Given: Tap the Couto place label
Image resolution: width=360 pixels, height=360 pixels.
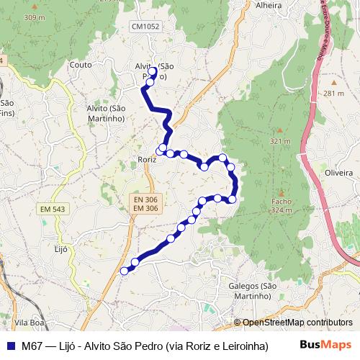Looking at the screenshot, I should (x=79, y=65).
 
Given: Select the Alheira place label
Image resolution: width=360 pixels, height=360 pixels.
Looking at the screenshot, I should (x=268, y=5).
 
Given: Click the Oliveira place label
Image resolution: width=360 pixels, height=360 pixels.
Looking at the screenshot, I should (x=338, y=174).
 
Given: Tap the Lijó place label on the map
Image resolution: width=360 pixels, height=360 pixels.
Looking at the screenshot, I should (x=60, y=249).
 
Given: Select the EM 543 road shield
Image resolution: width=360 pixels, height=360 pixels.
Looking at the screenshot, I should (x=53, y=209).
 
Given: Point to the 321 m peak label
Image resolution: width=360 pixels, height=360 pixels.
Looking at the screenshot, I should (x=279, y=141).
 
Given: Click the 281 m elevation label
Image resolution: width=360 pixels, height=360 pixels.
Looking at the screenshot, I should (x=334, y=94).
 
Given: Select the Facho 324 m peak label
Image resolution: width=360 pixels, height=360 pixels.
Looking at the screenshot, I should (x=281, y=207).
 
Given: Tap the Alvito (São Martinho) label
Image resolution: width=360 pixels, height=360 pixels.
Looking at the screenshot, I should (x=106, y=113).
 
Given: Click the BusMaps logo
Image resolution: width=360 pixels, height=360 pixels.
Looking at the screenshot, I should (x=326, y=345).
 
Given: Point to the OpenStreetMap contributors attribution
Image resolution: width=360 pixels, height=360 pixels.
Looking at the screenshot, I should (x=297, y=323).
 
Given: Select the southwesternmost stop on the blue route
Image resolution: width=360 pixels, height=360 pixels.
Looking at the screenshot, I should (x=124, y=271).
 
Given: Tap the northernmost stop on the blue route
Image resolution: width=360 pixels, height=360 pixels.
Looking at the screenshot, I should (x=153, y=71).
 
